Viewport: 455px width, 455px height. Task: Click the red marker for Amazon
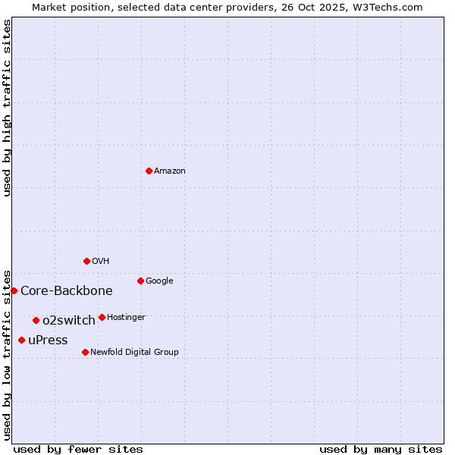coord(149,171)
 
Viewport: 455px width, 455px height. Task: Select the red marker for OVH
coord(86,261)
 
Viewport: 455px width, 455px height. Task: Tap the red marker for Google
coord(140,281)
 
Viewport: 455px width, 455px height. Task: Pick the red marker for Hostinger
coord(102,317)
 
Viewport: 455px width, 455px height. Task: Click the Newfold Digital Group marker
coord(85,352)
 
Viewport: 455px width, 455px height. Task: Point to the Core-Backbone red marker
coord(14,290)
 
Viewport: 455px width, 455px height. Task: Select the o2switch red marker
coord(36,320)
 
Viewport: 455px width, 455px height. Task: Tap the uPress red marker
coord(21,340)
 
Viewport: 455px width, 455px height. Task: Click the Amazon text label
coord(169,171)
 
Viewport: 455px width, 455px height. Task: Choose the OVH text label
coord(100,262)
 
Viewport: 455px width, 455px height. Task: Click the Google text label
coord(159,281)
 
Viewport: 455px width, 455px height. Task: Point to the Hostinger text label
coord(126,318)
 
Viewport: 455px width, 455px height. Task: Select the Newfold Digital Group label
coord(134,353)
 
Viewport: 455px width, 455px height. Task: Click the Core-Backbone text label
coord(67,291)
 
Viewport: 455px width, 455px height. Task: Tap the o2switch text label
coord(69,321)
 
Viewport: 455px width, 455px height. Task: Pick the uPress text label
coord(48,340)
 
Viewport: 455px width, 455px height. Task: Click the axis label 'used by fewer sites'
coord(78,449)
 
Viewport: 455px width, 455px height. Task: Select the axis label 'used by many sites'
coord(381,449)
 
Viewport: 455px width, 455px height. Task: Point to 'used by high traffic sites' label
coord(7,108)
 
